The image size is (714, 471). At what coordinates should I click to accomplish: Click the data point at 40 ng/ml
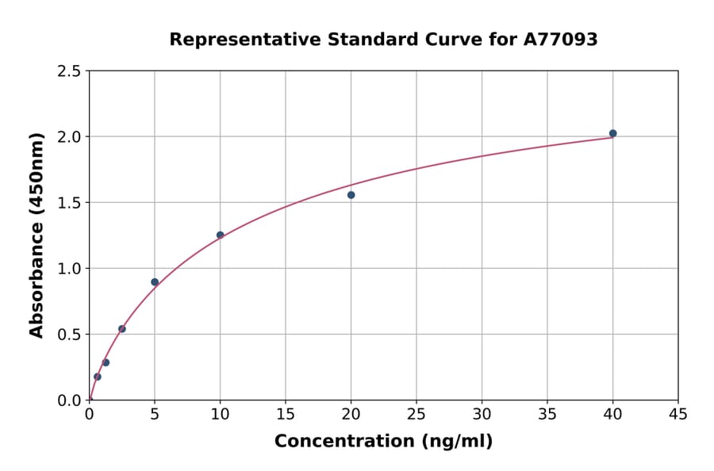tap(612, 133)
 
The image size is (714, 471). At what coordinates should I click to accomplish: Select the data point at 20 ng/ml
tap(351, 195)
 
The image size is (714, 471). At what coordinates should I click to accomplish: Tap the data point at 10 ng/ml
tap(220, 235)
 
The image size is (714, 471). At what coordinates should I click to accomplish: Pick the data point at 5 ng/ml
tap(155, 282)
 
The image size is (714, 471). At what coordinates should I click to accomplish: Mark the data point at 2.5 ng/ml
tap(122, 329)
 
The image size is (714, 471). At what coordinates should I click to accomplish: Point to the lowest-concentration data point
tap(98, 377)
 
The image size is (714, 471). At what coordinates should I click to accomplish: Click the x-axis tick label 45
tap(678, 414)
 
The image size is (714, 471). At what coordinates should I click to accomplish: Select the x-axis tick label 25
tap(416, 414)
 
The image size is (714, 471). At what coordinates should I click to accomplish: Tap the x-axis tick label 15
tap(286, 414)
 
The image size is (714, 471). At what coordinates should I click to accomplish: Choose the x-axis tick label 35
tap(547, 414)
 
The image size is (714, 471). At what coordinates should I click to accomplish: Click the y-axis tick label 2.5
tap(70, 71)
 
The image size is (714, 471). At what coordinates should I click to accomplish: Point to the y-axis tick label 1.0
tap(70, 269)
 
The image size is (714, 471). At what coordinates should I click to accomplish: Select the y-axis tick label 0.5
tap(70, 335)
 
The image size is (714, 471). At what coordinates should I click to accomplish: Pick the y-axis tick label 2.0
tap(70, 137)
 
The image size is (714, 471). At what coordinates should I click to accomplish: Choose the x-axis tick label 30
tap(482, 414)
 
